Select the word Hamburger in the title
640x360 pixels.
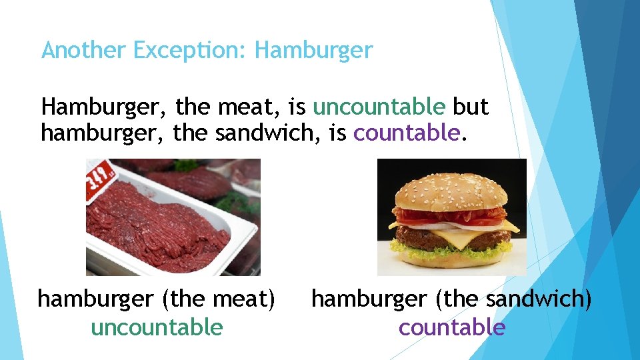tap(313, 50)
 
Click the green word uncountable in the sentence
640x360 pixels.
tap(379, 107)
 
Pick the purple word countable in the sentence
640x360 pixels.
tap(407, 133)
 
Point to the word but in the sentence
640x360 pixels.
tap(471, 107)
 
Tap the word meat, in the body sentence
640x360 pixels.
tap(247, 107)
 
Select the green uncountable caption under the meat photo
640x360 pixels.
tap(157, 327)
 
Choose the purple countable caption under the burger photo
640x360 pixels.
tap(452, 327)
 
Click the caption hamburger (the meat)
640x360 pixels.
tap(157, 299)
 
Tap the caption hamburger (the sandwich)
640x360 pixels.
tap(451, 299)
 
